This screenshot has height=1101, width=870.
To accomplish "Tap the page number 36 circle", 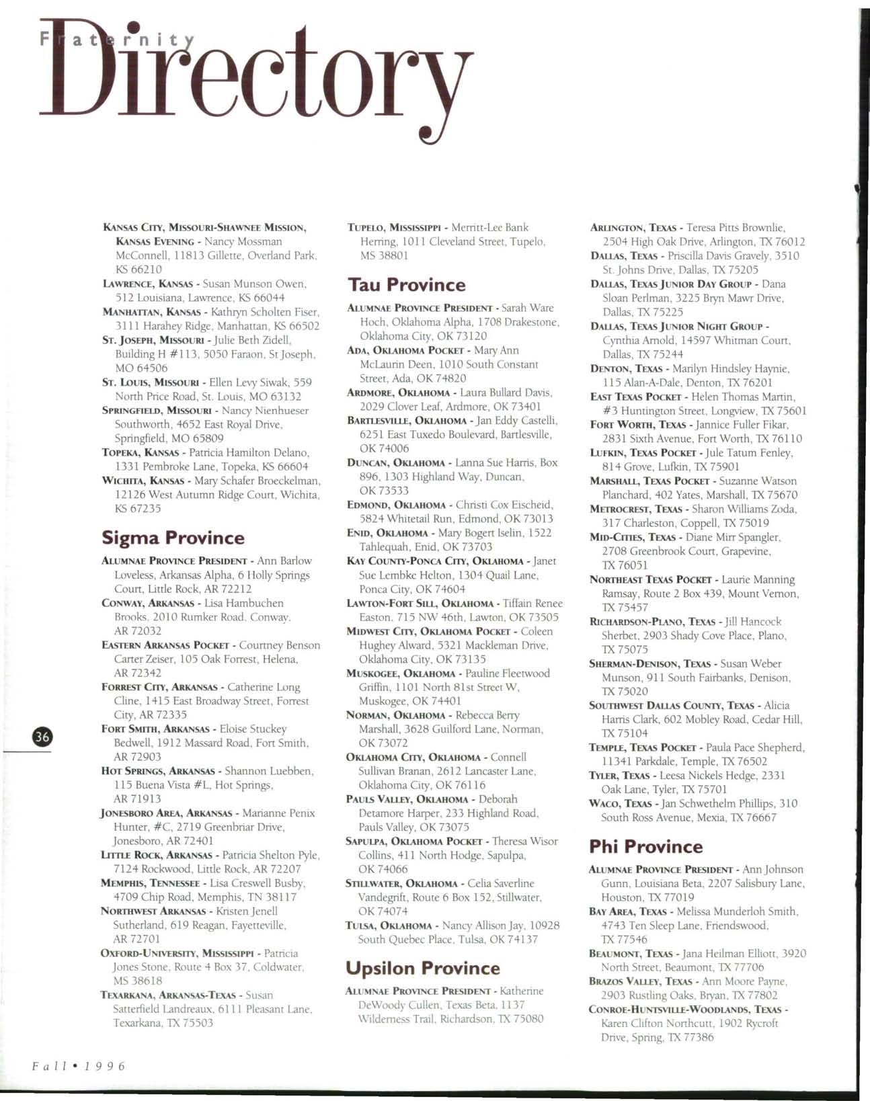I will coord(42,736).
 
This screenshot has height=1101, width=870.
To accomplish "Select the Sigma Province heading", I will coord(173,538).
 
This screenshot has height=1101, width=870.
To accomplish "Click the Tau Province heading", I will coord(406,285).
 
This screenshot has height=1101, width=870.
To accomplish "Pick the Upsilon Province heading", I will coord(422,968).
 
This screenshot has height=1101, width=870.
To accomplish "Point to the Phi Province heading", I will coord(645,846).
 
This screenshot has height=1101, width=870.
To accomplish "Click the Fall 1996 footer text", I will coord(77,1066).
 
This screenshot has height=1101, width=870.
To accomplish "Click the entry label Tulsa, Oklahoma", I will coord(388,926).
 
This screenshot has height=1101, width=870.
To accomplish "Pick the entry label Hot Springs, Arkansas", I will coord(157,771).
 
